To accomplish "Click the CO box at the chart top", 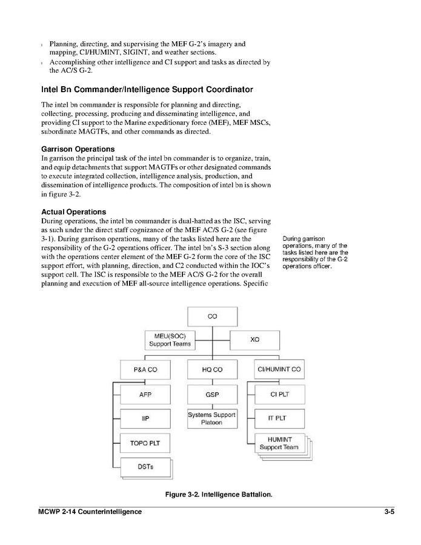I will [212, 316].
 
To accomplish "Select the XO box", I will [254, 339].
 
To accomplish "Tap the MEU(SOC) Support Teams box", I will [170, 339].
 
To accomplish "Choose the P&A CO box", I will [145, 369].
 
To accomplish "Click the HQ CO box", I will [212, 369].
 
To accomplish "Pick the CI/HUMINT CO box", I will [279, 369].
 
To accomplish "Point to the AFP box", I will [145, 394].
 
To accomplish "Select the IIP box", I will [145, 418].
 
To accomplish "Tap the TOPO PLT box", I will [145, 443].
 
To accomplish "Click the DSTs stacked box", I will [145, 466].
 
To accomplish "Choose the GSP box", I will [212, 394].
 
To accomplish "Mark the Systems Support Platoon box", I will [212, 418].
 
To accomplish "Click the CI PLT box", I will [279, 394].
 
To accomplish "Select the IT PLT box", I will [279, 418].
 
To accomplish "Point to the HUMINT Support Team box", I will [279, 443].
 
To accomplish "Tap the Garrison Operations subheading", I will [78, 149].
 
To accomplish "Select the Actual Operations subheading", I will [73, 212].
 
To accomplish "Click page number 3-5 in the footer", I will [389, 512].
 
